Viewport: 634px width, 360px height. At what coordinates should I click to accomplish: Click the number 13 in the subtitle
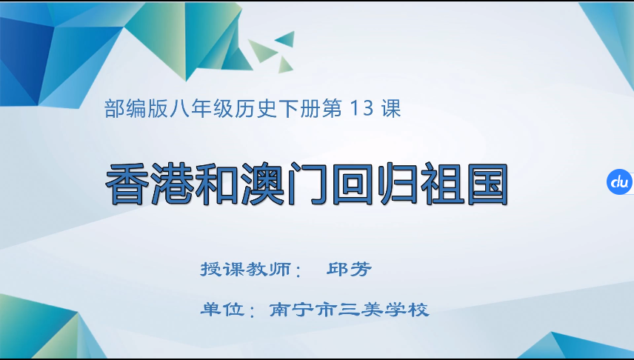(x=362, y=110)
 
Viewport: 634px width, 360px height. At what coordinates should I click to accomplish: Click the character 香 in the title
(x=130, y=182)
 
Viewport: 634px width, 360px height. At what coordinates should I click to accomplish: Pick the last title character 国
(x=484, y=182)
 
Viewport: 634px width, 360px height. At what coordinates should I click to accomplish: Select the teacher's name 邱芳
(x=348, y=268)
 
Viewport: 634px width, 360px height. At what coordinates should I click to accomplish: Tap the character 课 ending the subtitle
(x=391, y=110)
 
